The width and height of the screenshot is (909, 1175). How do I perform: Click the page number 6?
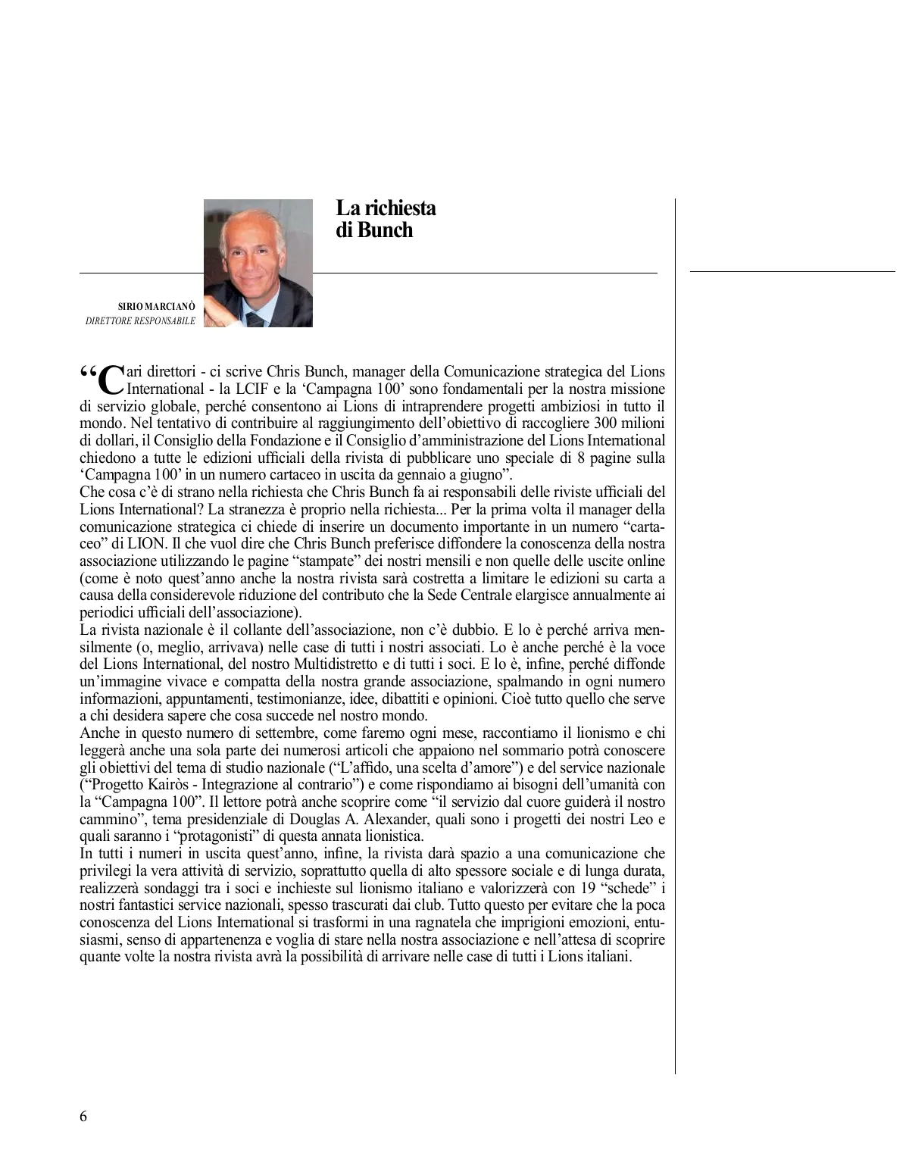[x=83, y=1117]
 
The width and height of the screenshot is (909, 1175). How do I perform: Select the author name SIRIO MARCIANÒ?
[x=157, y=307]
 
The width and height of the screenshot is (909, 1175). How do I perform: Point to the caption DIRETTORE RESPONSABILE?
[x=141, y=321]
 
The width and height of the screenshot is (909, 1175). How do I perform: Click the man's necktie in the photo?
[x=255, y=319]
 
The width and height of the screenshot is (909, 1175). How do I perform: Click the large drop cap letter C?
[x=111, y=380]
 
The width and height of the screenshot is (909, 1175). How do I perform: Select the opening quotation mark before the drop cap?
[x=89, y=376]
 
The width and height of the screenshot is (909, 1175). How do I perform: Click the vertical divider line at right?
[x=675, y=636]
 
